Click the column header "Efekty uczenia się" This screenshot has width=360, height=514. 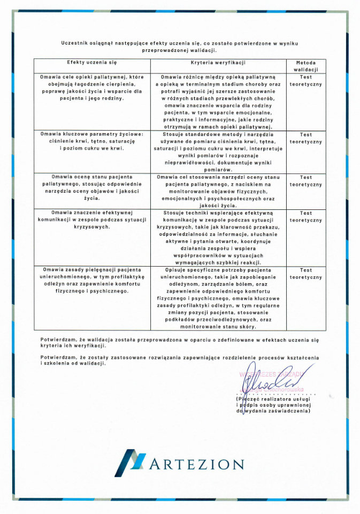pos(91,63)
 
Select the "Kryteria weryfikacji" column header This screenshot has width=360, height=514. pos(218,63)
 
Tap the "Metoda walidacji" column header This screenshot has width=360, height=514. pos(305,66)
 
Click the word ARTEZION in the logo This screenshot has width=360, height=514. pos(196,464)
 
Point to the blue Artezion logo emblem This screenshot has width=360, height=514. pos(130,462)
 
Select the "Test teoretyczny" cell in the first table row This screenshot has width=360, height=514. pos(305,80)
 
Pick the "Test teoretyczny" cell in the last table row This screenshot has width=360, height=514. pos(305,274)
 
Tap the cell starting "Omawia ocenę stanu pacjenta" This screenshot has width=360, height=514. pos(91,187)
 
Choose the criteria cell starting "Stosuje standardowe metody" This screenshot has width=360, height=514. pos(218,152)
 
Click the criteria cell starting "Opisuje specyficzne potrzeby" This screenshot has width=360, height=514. pos(218,298)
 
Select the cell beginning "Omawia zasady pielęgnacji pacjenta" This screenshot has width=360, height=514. pos(91,281)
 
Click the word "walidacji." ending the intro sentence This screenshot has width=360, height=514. pos(203,50)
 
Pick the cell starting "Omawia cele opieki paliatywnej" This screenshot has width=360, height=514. pos(91,88)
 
